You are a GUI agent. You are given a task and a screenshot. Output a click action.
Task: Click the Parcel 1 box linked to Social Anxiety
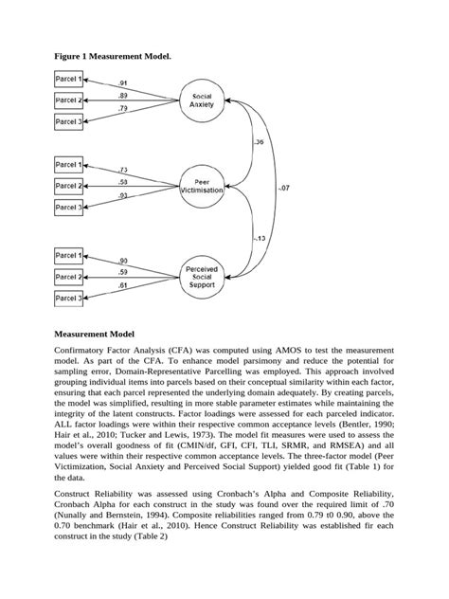point(68,82)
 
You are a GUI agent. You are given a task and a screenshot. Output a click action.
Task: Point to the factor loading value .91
point(123,83)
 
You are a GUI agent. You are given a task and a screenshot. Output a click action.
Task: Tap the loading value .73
point(123,171)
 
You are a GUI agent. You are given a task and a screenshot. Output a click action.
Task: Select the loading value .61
point(123,284)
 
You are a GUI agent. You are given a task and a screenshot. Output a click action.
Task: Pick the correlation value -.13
point(259,238)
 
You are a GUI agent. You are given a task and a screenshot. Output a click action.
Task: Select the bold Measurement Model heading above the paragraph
point(95,334)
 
